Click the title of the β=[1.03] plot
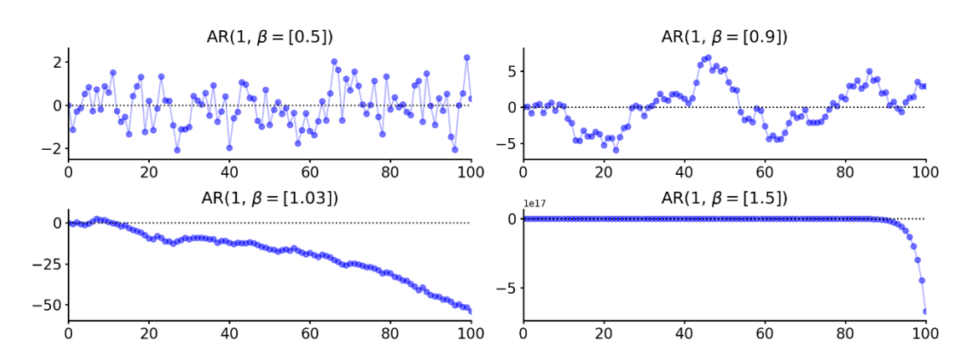click(x=270, y=198)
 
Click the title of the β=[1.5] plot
click(x=724, y=198)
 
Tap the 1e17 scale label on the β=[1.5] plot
click(x=535, y=203)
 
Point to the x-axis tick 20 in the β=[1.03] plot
click(x=149, y=334)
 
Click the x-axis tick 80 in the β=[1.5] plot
click(x=845, y=334)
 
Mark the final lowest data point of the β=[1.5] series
click(x=925, y=311)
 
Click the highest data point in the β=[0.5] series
click(x=466, y=58)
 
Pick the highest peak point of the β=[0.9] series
click(x=709, y=58)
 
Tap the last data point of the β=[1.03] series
click(x=471, y=311)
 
